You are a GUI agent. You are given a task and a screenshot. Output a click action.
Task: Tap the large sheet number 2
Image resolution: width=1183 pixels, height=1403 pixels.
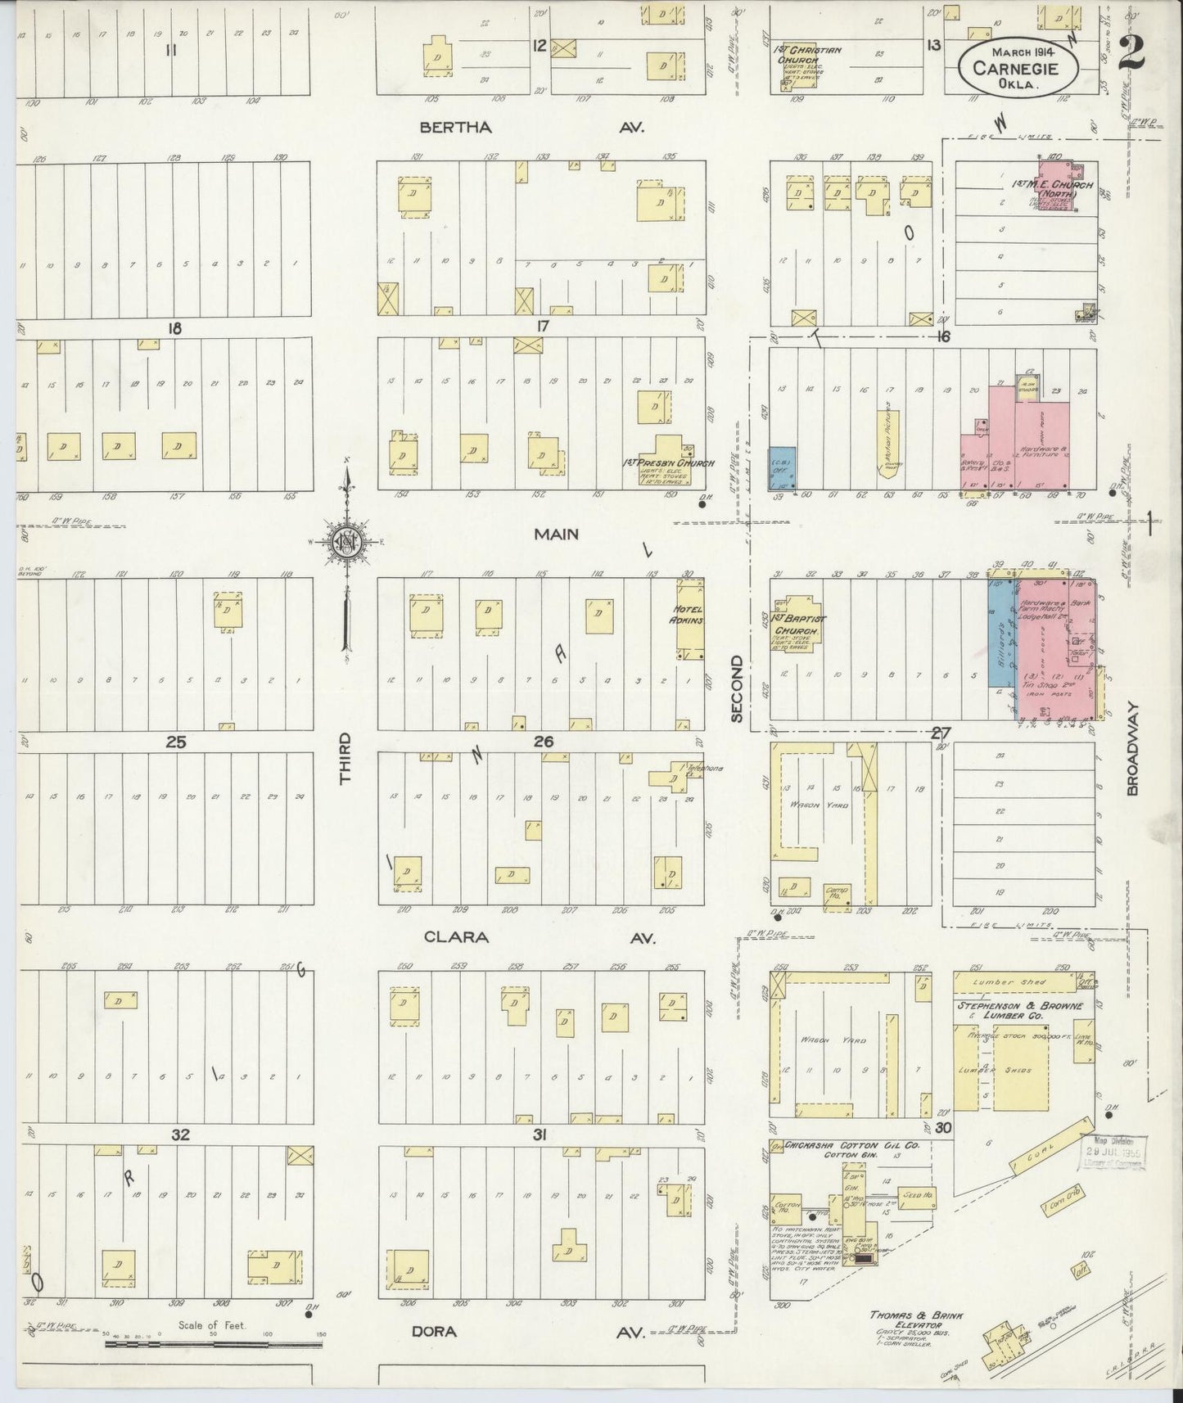pyautogui.click(x=1131, y=54)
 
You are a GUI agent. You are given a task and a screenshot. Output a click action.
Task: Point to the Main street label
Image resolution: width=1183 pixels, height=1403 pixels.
pyautogui.click(x=557, y=534)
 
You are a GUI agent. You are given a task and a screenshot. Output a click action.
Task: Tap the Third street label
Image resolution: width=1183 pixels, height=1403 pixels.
pyautogui.click(x=345, y=758)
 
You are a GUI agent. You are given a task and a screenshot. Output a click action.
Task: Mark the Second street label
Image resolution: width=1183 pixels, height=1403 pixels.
pyautogui.click(x=736, y=688)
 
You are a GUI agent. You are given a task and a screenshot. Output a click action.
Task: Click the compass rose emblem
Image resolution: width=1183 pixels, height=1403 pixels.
pyautogui.click(x=347, y=540)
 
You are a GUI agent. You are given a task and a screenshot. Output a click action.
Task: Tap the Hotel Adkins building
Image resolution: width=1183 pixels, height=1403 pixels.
pyautogui.click(x=689, y=619)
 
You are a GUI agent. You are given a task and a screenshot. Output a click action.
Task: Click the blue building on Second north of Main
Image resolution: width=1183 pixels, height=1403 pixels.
pyautogui.click(x=782, y=468)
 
